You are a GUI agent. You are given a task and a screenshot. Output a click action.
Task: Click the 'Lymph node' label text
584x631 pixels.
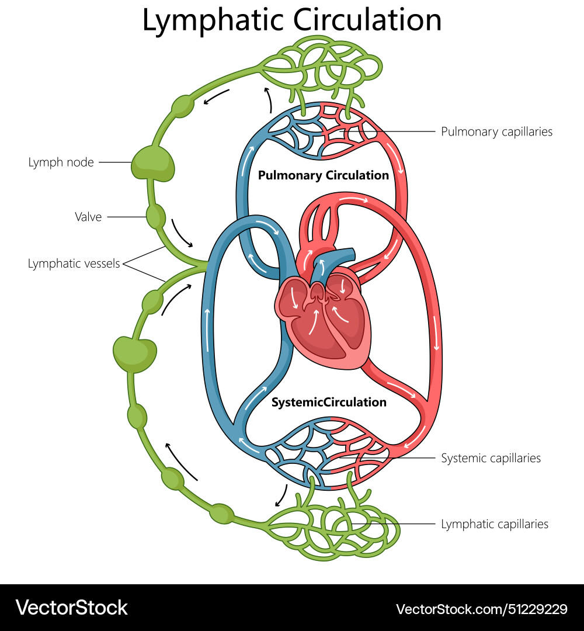[x=61, y=162]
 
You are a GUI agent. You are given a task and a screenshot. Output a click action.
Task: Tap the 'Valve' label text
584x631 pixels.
[x=88, y=217]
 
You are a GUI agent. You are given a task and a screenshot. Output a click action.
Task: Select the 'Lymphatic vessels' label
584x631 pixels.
[x=74, y=264]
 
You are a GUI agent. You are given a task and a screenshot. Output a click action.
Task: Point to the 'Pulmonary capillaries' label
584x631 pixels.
[x=496, y=131]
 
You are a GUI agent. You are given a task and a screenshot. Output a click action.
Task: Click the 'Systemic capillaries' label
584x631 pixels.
[x=491, y=458]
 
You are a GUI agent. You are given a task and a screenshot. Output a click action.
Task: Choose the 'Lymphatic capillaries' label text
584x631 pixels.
[x=495, y=524]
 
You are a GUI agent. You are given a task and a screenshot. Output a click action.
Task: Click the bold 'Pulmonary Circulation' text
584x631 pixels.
[x=323, y=175]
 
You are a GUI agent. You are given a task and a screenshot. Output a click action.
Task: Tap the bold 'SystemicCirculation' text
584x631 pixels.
[x=329, y=402]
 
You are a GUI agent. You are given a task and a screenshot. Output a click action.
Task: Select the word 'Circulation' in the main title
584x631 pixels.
[x=367, y=20]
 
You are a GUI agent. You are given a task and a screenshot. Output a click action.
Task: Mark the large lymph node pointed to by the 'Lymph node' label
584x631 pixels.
[x=152, y=163]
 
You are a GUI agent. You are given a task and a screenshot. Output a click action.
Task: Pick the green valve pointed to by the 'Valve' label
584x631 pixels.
[x=155, y=217]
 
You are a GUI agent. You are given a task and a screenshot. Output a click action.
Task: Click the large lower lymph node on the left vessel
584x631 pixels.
[x=135, y=353]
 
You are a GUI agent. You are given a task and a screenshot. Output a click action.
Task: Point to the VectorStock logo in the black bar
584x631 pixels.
[x=71, y=608]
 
